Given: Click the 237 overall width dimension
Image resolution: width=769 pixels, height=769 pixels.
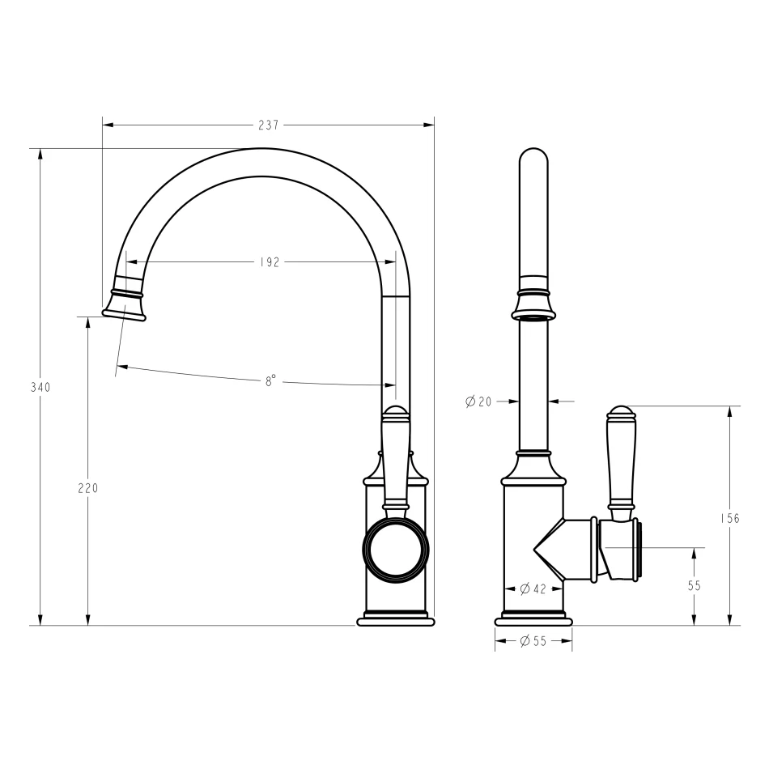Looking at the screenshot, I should coord(268,125).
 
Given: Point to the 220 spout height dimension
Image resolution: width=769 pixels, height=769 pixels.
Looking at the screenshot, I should coord(87,488).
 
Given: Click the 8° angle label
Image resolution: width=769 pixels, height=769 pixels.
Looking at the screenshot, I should coord(270,380).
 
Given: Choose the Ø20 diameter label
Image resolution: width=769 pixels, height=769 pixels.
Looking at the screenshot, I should coord(478,401).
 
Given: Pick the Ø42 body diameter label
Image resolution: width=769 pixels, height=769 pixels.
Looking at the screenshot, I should coord(534,588).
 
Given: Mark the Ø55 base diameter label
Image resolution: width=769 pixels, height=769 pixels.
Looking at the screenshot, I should coord(533,641).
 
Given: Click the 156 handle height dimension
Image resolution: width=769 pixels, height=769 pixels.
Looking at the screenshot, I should coord(730,518).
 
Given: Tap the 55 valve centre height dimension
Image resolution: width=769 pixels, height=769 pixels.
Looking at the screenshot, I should coord(694,585).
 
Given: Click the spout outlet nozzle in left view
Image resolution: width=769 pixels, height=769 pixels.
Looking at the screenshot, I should coord(125,305).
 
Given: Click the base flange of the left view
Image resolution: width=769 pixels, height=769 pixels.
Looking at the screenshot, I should coord(396,621).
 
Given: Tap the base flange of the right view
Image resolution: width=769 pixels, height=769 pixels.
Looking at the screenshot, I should coord(533,621).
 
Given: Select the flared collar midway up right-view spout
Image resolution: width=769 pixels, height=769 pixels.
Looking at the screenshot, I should coord(533,304).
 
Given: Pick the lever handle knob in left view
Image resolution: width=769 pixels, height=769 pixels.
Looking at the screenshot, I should coord(395,414).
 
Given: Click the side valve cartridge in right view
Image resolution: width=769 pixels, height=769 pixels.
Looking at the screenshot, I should coord(622,550).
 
